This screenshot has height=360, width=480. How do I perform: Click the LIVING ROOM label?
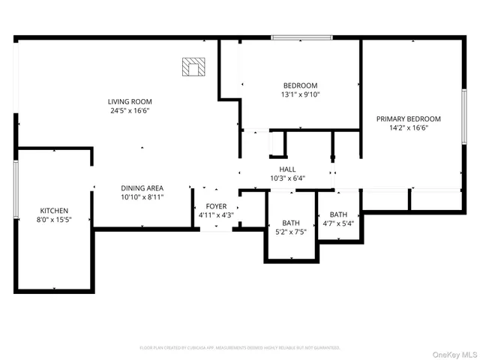point(130,101)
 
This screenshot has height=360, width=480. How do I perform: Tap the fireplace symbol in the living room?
point(193,67)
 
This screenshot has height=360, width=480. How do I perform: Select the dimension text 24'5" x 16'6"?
point(130,111)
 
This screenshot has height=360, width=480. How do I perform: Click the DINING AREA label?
point(142,187)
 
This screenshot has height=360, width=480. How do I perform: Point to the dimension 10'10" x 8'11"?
point(142,197)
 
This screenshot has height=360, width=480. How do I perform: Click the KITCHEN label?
point(54,211)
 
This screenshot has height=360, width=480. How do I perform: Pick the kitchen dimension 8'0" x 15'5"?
point(54,220)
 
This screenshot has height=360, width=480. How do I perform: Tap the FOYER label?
point(216,205)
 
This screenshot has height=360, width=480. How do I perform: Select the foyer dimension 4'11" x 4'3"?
point(216,215)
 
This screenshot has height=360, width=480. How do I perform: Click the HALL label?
point(287,169)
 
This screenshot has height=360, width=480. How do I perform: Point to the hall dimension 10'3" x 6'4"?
point(287,178)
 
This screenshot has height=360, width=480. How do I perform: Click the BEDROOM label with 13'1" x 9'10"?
point(300,85)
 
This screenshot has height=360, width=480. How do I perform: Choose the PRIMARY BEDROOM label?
point(409,118)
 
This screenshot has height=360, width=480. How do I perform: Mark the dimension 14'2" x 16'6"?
point(409,128)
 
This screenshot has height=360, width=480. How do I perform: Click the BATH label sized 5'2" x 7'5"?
point(291,223)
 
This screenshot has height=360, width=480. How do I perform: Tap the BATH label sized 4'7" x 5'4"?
point(338,214)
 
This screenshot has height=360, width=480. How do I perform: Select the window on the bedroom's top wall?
point(302,37)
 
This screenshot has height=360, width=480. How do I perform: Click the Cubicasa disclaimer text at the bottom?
point(240,348)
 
